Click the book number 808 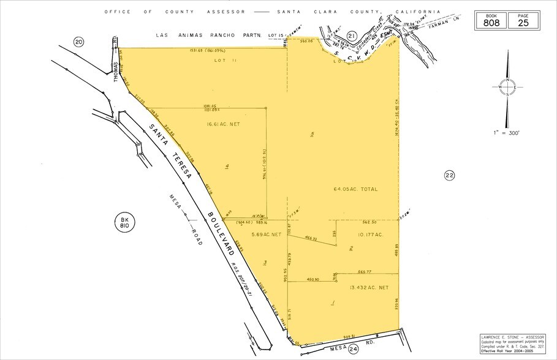(x=491, y=23)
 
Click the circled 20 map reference (x=78, y=42)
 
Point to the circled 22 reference (x=449, y=176)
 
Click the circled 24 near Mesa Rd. (x=354, y=350)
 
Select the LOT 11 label (x=221, y=62)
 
